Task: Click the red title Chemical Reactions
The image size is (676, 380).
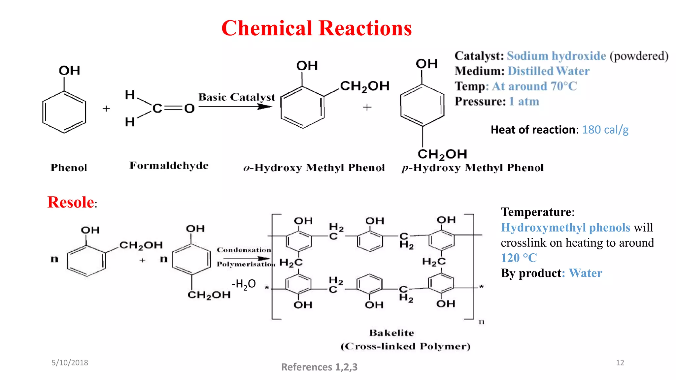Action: [317, 28]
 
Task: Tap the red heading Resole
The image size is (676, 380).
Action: [71, 202]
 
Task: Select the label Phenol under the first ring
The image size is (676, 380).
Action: [69, 168]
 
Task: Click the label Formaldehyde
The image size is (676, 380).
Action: [169, 166]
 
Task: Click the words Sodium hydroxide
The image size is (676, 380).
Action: [556, 56]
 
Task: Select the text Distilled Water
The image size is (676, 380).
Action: [548, 71]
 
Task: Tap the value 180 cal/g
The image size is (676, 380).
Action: [605, 130]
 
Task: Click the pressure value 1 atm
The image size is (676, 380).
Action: [524, 102]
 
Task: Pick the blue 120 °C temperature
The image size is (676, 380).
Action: [519, 258]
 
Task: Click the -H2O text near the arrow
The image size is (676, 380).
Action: [244, 284]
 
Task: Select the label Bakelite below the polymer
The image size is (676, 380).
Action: [391, 333]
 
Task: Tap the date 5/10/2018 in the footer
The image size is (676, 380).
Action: [70, 363]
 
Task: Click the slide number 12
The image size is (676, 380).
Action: [620, 363]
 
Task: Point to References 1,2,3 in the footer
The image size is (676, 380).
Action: [319, 367]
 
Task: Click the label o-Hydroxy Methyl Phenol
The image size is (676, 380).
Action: [314, 168]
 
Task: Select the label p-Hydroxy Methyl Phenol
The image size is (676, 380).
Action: [472, 168]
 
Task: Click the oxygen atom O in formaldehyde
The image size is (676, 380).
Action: [189, 108]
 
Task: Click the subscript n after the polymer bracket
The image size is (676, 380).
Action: [481, 322]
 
